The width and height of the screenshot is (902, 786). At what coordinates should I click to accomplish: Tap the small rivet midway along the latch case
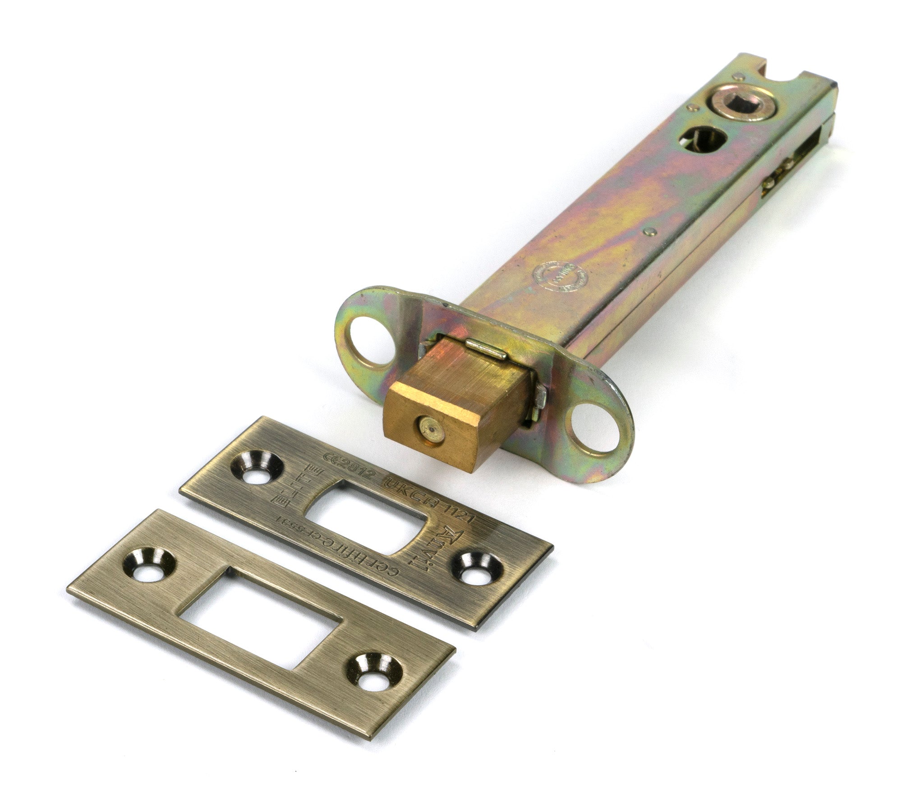[x=649, y=231]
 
